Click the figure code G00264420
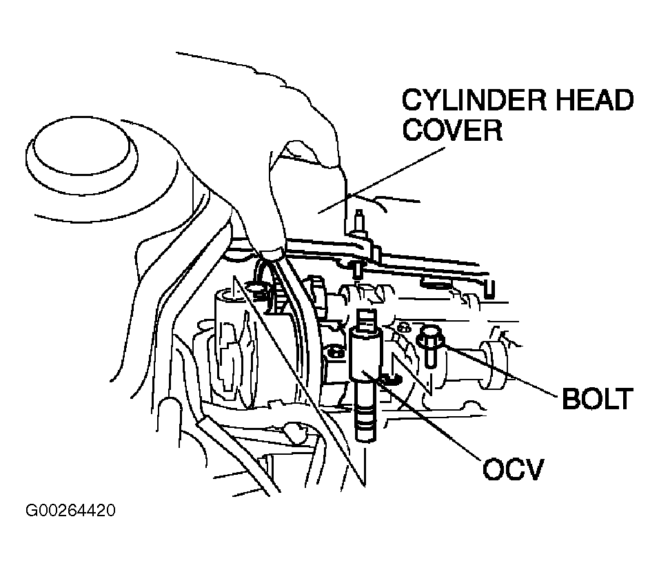pos(70,510)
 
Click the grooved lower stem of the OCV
pos(365,409)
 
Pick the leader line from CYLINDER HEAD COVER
pos(381,180)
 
